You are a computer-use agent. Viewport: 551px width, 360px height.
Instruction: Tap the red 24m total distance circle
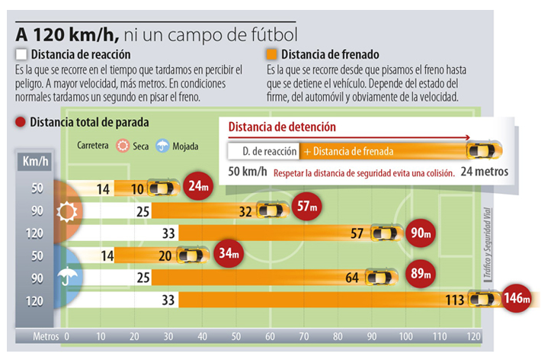click(197, 186)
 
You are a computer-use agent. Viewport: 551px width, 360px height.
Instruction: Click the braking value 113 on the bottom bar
click(455, 300)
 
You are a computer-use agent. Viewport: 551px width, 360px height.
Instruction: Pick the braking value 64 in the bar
click(352, 278)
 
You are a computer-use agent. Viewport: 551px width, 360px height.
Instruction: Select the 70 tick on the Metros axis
click(302, 336)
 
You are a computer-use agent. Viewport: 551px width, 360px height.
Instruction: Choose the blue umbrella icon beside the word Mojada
click(162, 144)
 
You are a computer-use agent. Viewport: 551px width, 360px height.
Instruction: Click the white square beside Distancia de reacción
click(21, 55)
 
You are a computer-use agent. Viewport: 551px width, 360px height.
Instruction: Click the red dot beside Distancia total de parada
click(21, 122)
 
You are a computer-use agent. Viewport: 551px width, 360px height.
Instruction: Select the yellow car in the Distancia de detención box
click(485, 149)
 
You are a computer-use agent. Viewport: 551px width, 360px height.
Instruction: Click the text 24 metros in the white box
click(485, 172)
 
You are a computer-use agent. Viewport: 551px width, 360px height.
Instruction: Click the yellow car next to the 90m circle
click(386, 232)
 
